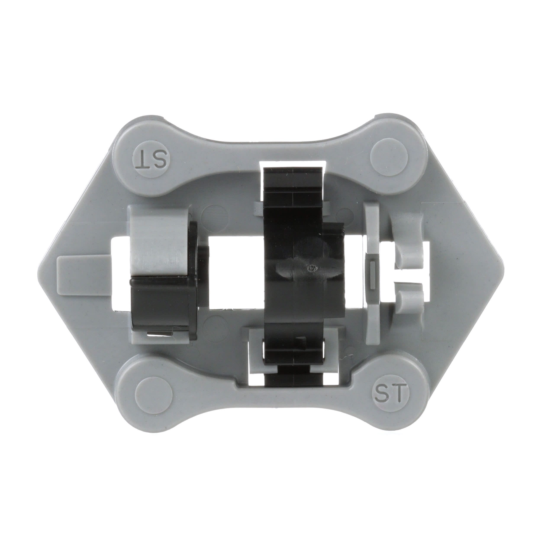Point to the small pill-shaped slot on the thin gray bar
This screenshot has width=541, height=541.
[372, 274]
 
